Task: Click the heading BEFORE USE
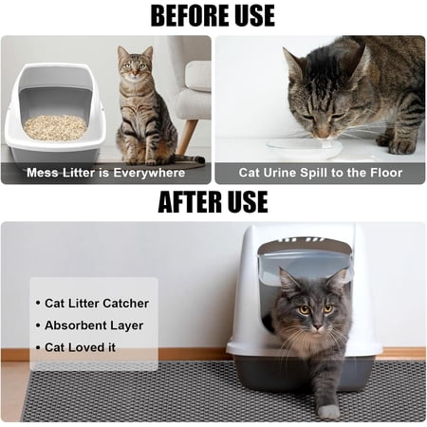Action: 213,16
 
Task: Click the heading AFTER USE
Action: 213,202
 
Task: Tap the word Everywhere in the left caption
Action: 149,173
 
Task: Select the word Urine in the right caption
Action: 280,173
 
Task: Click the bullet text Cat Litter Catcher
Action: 97,304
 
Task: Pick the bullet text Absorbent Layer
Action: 94,325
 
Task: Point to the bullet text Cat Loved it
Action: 80,347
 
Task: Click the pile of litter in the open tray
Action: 55,127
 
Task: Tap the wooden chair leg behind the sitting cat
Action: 186,137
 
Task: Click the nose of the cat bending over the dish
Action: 323,135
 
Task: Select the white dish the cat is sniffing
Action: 305,149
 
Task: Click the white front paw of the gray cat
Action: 328,412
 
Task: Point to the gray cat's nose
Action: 317,325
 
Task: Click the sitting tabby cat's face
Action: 136,66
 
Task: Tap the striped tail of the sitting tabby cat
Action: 189,159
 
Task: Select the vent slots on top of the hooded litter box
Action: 301,240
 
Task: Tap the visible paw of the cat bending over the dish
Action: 402,146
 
